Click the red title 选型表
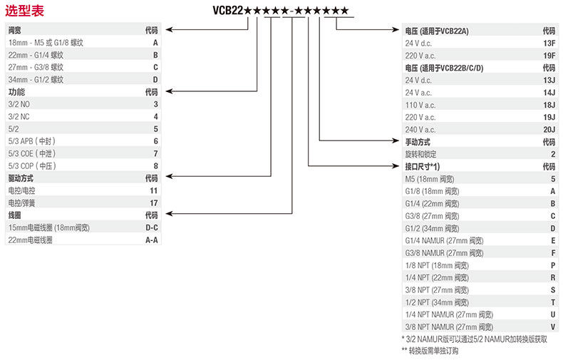coord(25,11)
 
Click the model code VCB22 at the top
coord(228,10)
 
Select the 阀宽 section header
coord(15,31)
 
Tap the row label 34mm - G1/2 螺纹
coord(36,80)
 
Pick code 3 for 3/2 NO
coord(155,105)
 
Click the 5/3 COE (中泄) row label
coord(32,153)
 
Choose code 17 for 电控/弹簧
coord(154,202)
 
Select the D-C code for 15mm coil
coord(152,227)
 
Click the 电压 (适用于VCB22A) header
coord(437,31)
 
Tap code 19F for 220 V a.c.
coord(549,56)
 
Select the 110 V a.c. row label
coord(419,105)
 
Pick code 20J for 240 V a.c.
coord(549,129)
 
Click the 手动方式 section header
coord(418,142)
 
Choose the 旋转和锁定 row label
coord(421,154)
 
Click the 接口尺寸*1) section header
coord(423,166)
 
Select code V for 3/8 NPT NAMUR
coord(552,326)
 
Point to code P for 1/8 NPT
coord(552,264)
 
